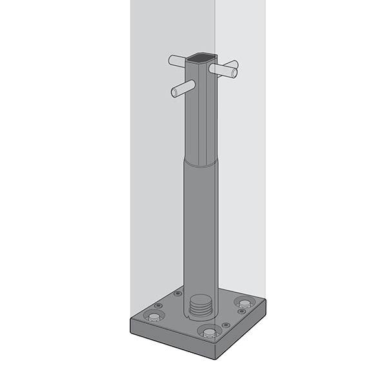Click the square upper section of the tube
(200, 116)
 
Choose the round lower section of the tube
(201, 232)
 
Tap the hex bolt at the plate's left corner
(154, 315)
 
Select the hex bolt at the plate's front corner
(209, 333)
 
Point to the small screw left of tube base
(178, 294)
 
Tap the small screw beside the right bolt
(242, 312)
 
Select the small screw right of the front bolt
(226, 324)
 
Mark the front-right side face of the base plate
(242, 332)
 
